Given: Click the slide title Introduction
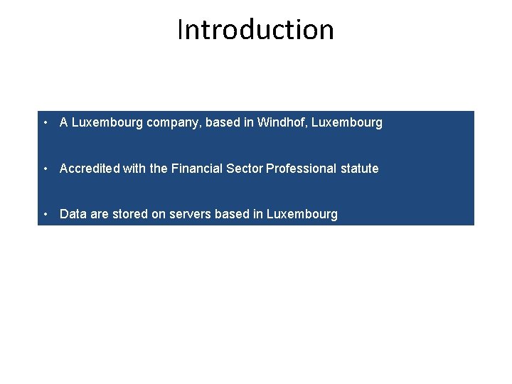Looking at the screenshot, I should pyautogui.click(x=255, y=30).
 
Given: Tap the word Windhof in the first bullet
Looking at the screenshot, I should pyautogui.click(x=281, y=122).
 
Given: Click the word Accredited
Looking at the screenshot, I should pyautogui.click(x=90, y=169).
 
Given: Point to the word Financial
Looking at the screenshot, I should pyautogui.click(x=197, y=169).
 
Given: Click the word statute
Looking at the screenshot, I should pyautogui.click(x=360, y=169).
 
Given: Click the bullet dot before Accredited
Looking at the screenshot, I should pyautogui.click(x=46, y=169).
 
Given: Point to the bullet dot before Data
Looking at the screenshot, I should pyautogui.click(x=46, y=214).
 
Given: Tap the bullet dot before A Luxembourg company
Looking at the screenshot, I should pyautogui.click(x=46, y=122).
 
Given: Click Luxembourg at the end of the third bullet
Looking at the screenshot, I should pyautogui.click(x=302, y=214).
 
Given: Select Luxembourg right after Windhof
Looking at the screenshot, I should pyautogui.click(x=347, y=122).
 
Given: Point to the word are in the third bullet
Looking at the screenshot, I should pyautogui.click(x=100, y=214).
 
